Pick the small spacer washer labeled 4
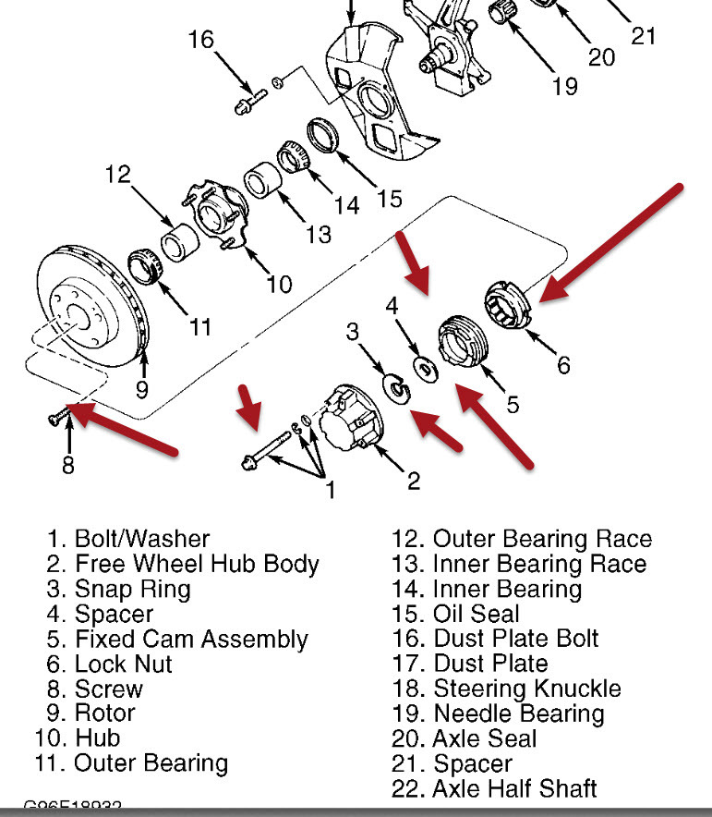point(426,368)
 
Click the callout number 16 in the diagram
point(200,40)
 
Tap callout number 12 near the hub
point(117,174)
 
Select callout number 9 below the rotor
point(140,389)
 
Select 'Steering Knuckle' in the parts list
point(526,689)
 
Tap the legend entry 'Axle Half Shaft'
point(514,788)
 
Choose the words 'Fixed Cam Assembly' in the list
point(191,639)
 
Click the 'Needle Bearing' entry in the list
point(518,713)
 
